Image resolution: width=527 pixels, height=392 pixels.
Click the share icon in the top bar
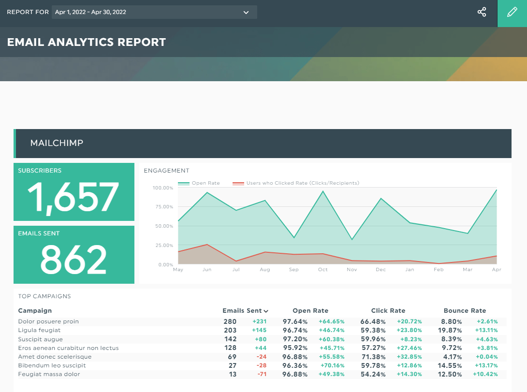[482, 13]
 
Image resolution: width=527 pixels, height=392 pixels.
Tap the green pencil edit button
[512, 13]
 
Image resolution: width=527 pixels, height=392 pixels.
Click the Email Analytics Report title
[87, 43]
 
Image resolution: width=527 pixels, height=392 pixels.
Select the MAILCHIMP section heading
[57, 143]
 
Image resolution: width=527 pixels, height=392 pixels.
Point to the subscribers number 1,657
[73, 197]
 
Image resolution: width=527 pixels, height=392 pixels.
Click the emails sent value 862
[73, 260]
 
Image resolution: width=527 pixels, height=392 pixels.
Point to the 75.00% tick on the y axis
[162, 207]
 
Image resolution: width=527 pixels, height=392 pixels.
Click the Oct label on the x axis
[323, 270]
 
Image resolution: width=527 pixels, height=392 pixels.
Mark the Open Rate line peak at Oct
[323, 191]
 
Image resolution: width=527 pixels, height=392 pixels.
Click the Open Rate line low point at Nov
[352, 239]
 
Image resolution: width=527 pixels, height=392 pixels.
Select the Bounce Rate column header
[465, 311]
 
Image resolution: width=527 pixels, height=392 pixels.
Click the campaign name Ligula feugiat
[39, 330]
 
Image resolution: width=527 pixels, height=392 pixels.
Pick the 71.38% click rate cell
[373, 357]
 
